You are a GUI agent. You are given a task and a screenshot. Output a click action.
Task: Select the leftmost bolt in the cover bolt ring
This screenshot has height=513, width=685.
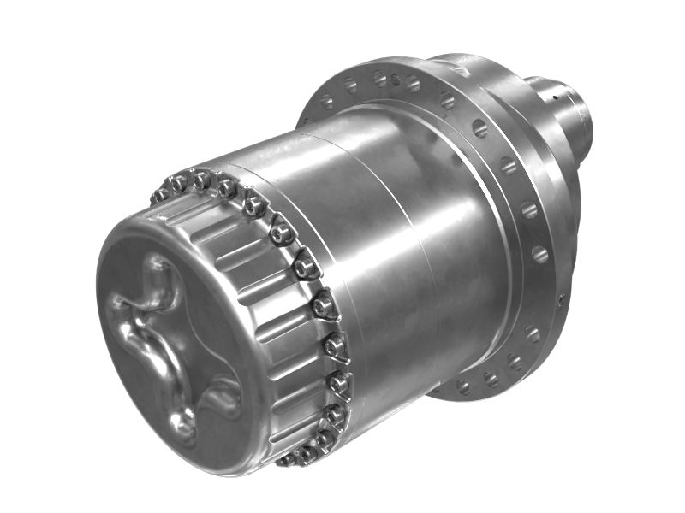tap(160, 196)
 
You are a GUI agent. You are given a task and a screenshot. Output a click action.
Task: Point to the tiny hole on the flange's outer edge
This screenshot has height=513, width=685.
tap(561, 299)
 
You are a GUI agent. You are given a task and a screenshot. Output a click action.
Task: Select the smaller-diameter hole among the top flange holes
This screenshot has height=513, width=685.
tap(396, 80)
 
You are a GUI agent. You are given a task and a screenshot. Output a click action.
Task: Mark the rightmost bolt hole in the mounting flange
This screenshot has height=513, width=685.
tap(539, 254)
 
